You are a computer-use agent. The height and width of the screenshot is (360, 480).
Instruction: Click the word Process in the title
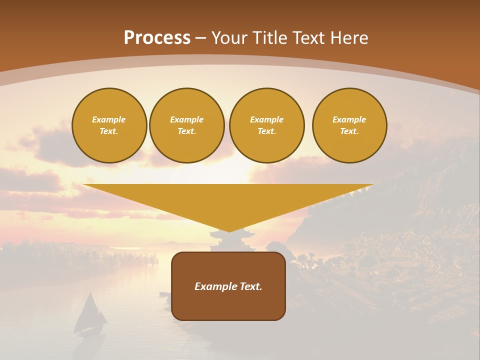tap(157, 38)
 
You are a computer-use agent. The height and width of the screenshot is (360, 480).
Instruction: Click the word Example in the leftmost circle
tap(109, 119)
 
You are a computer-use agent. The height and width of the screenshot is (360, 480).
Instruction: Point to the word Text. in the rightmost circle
tap(349, 131)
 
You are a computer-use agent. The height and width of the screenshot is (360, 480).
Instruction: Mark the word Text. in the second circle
tap(187, 131)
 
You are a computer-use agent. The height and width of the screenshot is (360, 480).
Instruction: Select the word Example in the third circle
tap(266, 119)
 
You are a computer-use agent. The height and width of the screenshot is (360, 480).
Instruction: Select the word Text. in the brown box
tap(251, 286)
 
